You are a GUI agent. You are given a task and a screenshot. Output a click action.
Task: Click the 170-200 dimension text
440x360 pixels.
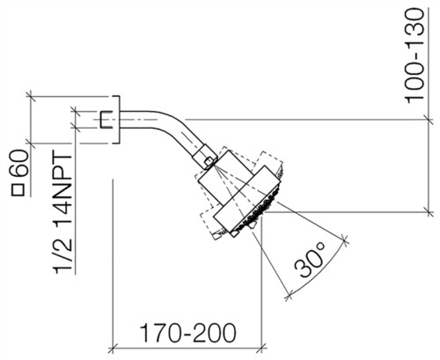tap(187, 333)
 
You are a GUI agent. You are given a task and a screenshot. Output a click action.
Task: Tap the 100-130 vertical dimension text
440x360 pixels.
tap(414, 55)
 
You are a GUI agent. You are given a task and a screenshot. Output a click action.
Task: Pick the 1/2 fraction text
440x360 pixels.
tap(62, 254)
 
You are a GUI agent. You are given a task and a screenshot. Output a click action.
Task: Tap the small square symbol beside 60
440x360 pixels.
tap(18, 189)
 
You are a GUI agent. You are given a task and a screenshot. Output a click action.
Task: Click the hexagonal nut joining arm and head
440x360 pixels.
tap(205, 156)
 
